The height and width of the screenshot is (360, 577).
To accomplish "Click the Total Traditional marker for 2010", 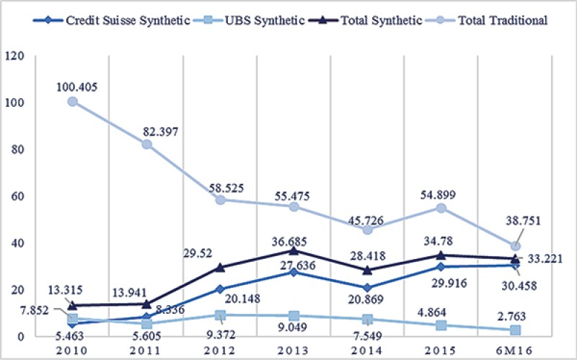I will coord(73,102).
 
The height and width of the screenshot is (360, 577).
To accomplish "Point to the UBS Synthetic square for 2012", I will coord(221,315).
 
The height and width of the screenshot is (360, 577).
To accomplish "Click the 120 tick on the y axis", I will coord(14,56).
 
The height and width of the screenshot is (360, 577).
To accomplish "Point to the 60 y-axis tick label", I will coord(17,196).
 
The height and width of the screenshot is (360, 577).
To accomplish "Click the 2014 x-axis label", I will coord(367,348).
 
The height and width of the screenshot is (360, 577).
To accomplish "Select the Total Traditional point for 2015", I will coord(441,208).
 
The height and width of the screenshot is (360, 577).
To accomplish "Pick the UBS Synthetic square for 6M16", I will coord(515,330).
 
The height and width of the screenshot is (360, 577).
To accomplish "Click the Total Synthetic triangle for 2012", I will coord(221,267).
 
